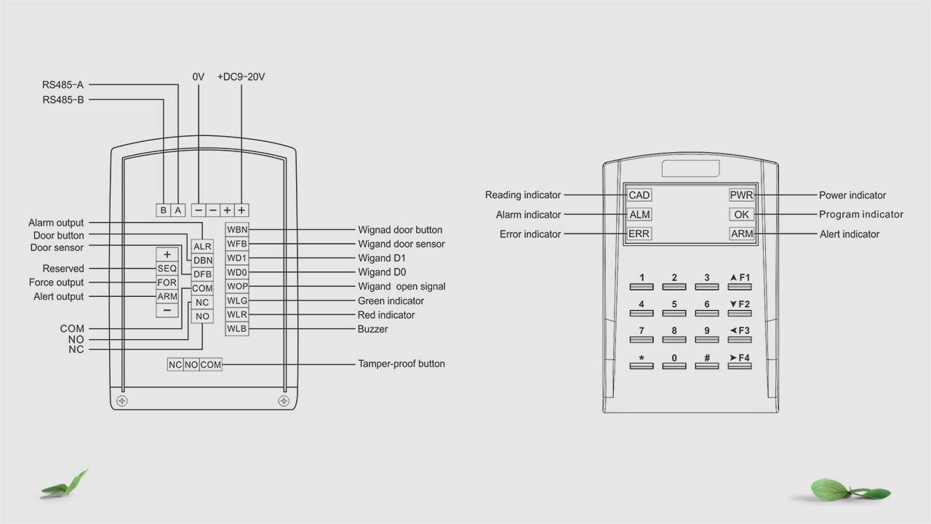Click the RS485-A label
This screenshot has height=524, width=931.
pos(63,85)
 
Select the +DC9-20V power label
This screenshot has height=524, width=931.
pos(241,76)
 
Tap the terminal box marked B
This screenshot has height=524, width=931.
pos(164,210)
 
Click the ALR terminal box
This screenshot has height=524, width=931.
pos(202,247)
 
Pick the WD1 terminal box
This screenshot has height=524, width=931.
pos(237,258)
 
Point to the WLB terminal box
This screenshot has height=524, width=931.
pos(237,329)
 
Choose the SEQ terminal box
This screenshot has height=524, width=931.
pos(167,269)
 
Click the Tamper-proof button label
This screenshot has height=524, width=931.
pos(401,364)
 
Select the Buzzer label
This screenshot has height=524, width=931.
pos(372,329)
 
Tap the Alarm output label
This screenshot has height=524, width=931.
pos(56,223)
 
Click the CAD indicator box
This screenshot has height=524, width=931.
pos(639,195)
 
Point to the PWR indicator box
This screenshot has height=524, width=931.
pos(741,195)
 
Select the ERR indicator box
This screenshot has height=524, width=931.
pos(639,234)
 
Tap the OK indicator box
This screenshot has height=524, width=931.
pos(741,215)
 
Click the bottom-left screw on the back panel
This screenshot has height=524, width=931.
pos(122,401)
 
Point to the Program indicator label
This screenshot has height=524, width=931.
pos(861,215)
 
